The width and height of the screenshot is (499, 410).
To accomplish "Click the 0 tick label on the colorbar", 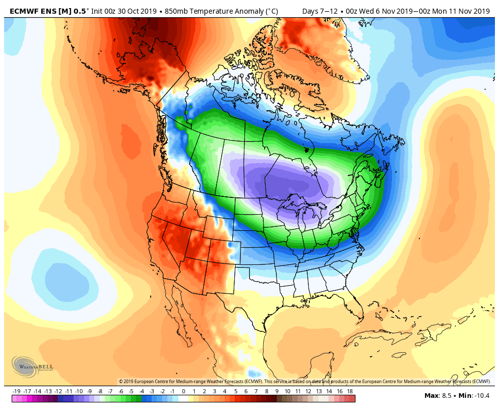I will click(x=183, y=391).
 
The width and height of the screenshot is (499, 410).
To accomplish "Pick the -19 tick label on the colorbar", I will click(x=16, y=391).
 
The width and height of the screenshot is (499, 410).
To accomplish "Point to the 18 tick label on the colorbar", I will click(x=350, y=391).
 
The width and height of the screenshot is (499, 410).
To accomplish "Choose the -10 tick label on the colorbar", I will click(x=79, y=391).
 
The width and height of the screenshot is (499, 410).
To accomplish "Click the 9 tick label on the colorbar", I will click(x=277, y=391).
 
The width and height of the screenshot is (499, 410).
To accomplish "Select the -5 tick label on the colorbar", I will click(x=131, y=391).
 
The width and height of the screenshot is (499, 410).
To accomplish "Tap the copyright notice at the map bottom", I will click(x=304, y=381).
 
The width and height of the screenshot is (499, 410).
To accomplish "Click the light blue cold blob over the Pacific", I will click(x=66, y=277).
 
